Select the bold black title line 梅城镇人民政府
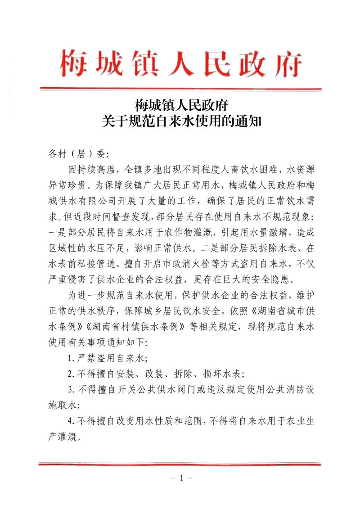click(181, 106)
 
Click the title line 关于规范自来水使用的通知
click(181, 122)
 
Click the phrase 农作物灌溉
click(189, 232)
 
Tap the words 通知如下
click(126, 342)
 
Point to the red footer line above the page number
click(180, 464)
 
